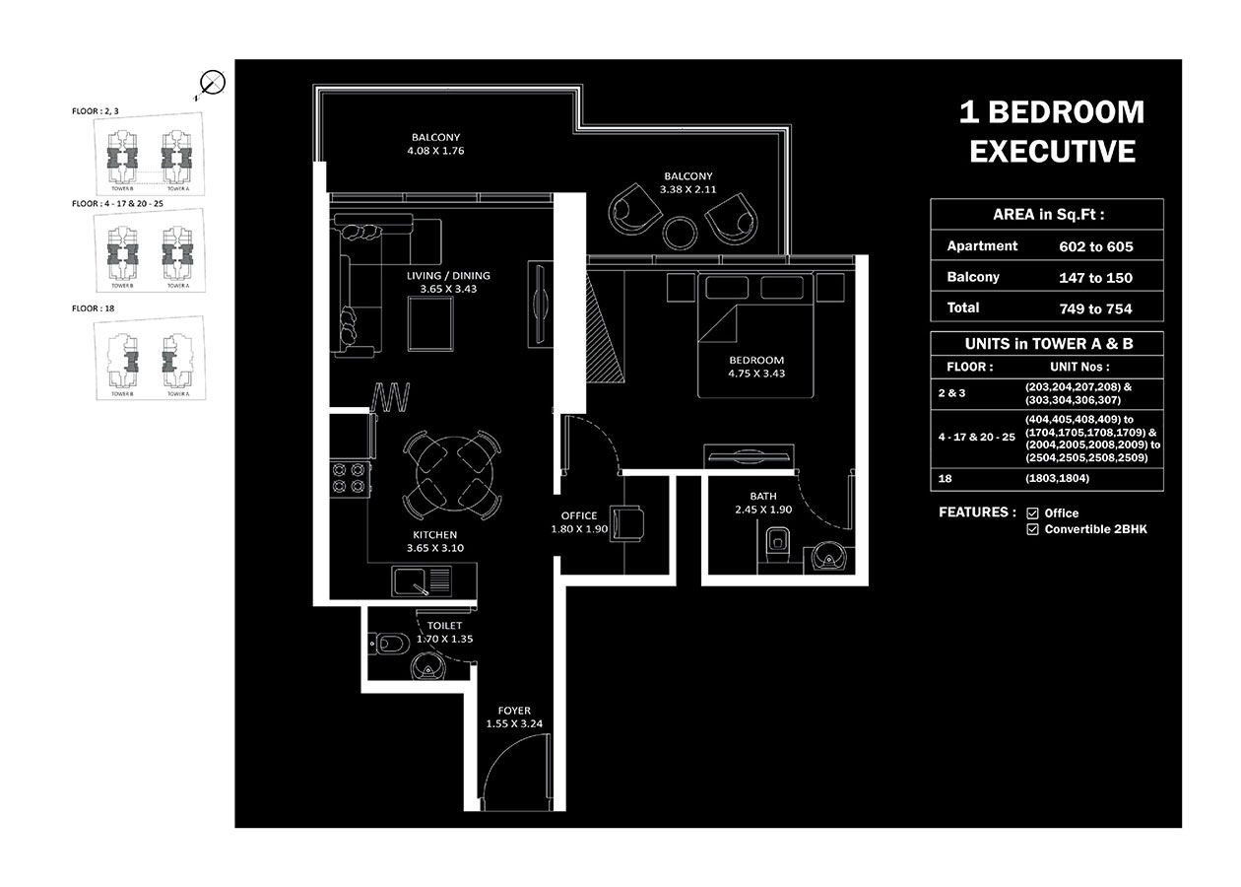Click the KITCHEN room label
434,534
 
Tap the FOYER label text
514,711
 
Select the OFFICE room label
579,515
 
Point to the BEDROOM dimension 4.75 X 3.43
756,374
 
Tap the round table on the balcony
681,234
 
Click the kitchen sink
412,580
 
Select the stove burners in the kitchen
350,478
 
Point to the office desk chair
626,522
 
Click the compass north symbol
212,84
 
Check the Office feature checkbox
1032,513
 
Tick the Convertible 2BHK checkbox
1032,529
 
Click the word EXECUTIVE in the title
1052,152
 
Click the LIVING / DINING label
448,276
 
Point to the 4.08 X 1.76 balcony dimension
435,152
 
